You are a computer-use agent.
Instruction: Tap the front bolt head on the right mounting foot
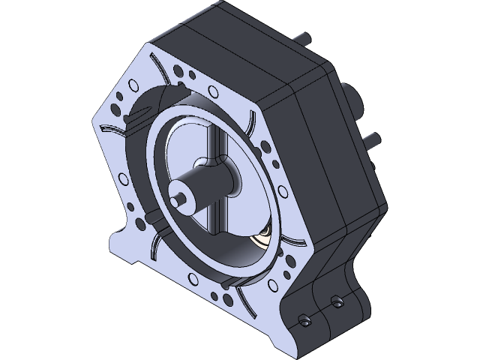304,320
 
